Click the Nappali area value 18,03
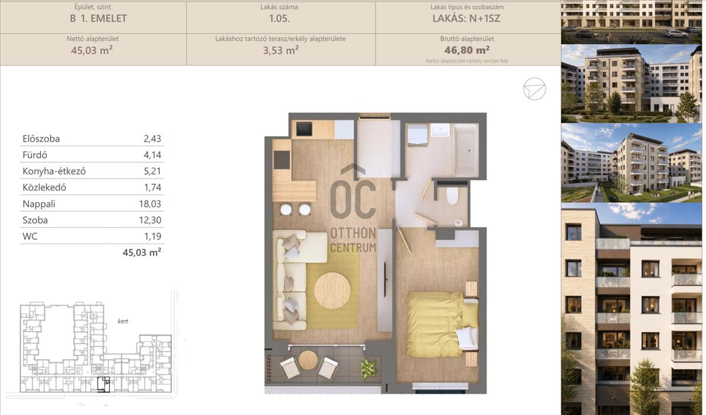point(150,204)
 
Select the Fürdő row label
point(35,155)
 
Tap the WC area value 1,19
point(152,236)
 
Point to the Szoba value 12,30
point(150,220)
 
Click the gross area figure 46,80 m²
point(467,50)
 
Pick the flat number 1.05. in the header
point(279,18)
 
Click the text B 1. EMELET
point(98,18)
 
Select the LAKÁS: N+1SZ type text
point(466,18)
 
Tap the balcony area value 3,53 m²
point(281,50)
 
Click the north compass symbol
point(535,89)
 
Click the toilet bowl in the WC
point(452,196)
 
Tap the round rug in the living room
point(332,290)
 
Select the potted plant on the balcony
point(368,369)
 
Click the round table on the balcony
point(308,360)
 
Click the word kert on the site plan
point(122,321)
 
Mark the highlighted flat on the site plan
point(104,384)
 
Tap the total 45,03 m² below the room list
point(142,252)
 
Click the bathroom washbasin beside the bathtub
point(440,129)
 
